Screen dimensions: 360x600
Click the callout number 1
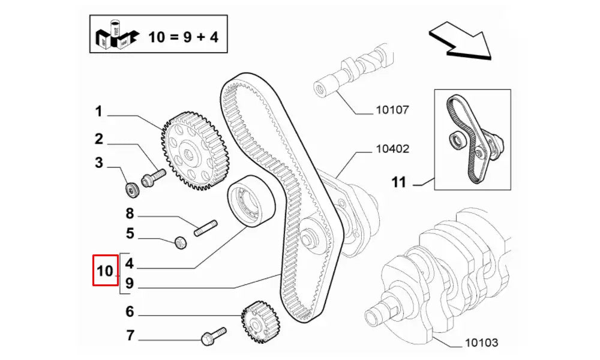point(98,112)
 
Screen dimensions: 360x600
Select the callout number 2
point(98,139)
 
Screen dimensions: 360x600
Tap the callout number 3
point(98,163)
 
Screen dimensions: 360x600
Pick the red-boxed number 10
point(105,271)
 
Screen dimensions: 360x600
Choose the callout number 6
point(129,311)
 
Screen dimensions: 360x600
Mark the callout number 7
point(129,335)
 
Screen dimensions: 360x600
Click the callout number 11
point(399,182)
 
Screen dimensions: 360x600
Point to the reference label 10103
point(482,343)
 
